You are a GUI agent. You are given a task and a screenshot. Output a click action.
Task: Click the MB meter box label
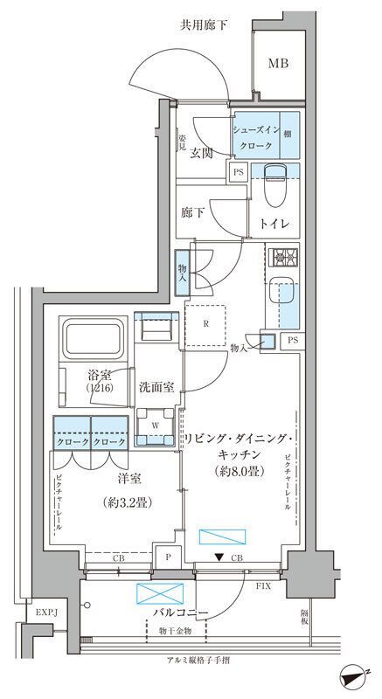coord(278,63)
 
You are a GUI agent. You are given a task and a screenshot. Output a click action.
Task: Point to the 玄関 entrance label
coord(202,153)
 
